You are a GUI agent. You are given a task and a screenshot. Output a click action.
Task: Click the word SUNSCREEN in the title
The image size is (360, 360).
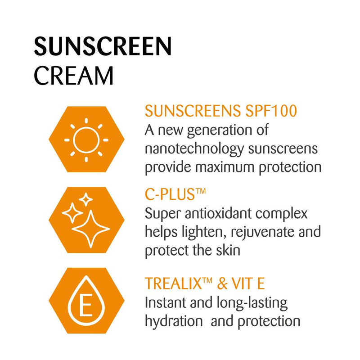103,46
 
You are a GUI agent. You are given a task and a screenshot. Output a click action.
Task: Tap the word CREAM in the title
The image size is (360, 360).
74,76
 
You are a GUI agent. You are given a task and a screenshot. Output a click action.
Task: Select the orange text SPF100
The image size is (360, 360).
271,111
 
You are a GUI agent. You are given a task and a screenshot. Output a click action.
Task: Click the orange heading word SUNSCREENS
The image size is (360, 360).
193,111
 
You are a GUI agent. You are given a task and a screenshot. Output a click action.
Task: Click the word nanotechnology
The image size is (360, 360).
194,149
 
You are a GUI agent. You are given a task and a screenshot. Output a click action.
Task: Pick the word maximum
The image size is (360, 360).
225,167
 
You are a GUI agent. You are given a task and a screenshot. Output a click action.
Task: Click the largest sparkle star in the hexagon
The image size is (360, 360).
91,229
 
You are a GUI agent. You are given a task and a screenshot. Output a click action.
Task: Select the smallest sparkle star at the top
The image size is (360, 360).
86,199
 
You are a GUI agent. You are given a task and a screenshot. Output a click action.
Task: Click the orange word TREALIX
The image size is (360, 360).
173,283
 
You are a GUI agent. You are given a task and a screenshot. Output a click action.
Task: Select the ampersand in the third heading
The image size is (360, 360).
222,283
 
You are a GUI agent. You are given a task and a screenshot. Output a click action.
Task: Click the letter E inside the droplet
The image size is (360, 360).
85,305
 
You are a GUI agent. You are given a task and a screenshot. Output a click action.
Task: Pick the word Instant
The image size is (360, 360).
165,302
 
